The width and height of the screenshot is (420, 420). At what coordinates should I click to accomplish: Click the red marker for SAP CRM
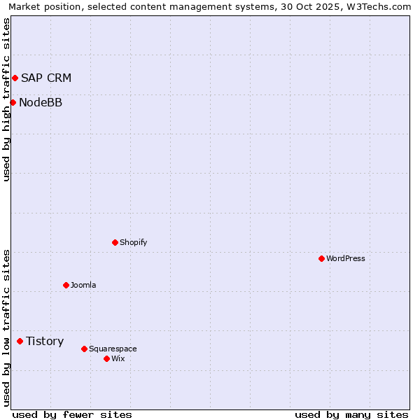coord(15,78)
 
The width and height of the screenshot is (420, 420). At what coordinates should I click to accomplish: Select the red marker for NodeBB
coord(13,103)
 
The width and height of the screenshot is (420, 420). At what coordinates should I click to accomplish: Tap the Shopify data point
coord(115,243)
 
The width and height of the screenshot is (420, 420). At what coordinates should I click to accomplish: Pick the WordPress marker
coord(321,259)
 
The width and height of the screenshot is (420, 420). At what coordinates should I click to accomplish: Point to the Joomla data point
coord(66,286)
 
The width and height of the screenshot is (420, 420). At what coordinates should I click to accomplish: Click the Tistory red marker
coord(20,342)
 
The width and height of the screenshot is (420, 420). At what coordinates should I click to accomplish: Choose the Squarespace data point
coord(84,349)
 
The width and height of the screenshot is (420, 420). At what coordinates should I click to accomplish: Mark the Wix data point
coord(106,359)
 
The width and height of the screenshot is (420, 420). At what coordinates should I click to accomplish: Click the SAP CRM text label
coord(46,78)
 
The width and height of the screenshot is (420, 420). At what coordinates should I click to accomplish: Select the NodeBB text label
coord(41,103)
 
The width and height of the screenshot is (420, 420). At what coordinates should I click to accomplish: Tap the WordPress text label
coord(346,259)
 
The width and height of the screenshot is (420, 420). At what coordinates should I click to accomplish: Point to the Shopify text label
coord(134,243)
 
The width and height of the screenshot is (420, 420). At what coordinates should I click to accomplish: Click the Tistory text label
coord(45,342)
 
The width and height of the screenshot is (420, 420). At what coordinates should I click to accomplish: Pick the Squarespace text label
coord(113,349)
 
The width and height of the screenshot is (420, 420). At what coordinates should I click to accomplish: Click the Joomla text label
coord(83,286)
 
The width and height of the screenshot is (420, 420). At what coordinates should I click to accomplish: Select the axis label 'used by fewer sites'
coord(72,414)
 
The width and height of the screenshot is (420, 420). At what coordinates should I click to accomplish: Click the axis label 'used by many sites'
coord(351,414)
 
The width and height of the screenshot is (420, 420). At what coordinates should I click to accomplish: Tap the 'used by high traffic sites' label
coord(6,99)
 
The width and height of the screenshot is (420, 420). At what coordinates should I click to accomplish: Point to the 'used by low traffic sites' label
coord(6,327)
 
